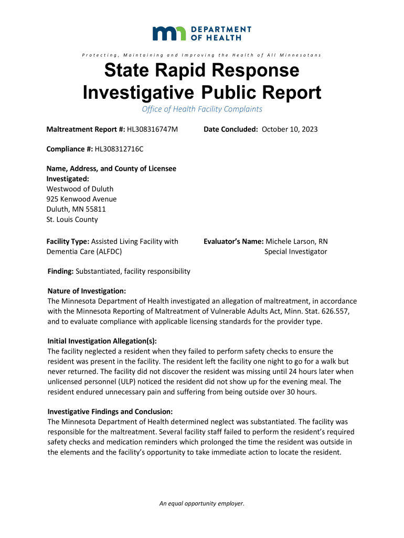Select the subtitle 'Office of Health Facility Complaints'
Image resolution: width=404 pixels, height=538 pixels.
(202, 109)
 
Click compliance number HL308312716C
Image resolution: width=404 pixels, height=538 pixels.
(119, 149)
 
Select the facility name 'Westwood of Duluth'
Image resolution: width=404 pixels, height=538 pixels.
(80, 189)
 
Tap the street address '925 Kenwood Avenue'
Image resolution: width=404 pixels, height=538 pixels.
(81, 199)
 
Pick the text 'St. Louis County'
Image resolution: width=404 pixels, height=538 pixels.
(72, 220)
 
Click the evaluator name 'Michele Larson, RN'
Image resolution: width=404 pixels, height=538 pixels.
(296, 241)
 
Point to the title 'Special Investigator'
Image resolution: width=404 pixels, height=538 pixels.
(295, 252)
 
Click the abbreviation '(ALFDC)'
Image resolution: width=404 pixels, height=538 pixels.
(105, 252)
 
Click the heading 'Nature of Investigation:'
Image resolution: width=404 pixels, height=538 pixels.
(87, 291)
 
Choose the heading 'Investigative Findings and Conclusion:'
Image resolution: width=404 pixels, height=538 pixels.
(110, 411)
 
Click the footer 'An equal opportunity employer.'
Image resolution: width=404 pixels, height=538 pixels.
(202, 504)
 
